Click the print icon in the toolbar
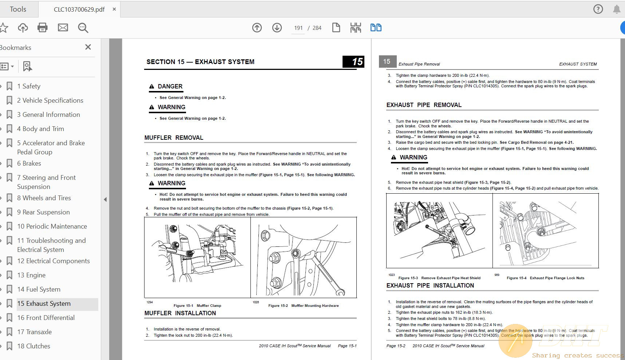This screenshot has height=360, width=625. pos(43,28)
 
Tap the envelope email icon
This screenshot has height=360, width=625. pos(63,28)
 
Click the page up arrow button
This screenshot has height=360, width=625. pos(257,28)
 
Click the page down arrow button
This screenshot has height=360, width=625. pos(277,28)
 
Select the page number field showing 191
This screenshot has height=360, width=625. pos(298,28)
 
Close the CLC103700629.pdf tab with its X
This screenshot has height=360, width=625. pos(114,9)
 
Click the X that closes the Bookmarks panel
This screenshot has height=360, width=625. pos(88,47)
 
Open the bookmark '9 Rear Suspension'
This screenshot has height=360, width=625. pos(43,212)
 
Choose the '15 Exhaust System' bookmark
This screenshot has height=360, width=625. pos(44,304)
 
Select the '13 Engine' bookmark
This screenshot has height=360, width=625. pos(31,275)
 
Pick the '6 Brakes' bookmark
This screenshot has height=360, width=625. pos(29,163)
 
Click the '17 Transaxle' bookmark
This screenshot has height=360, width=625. pos(34,332)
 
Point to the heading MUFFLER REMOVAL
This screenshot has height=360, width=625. pos(174,138)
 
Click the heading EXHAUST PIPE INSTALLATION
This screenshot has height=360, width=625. pos(430,286)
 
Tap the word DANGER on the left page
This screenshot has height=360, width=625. pos(170,86)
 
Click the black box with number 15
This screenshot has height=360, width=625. pos(353,62)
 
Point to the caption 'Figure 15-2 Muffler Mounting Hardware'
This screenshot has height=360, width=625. pos(303,306)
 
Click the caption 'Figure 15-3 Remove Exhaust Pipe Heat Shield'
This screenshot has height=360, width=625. pos(439,278)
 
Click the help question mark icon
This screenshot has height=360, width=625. pos(598,9)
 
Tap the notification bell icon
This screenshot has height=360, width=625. pos(617,9)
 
